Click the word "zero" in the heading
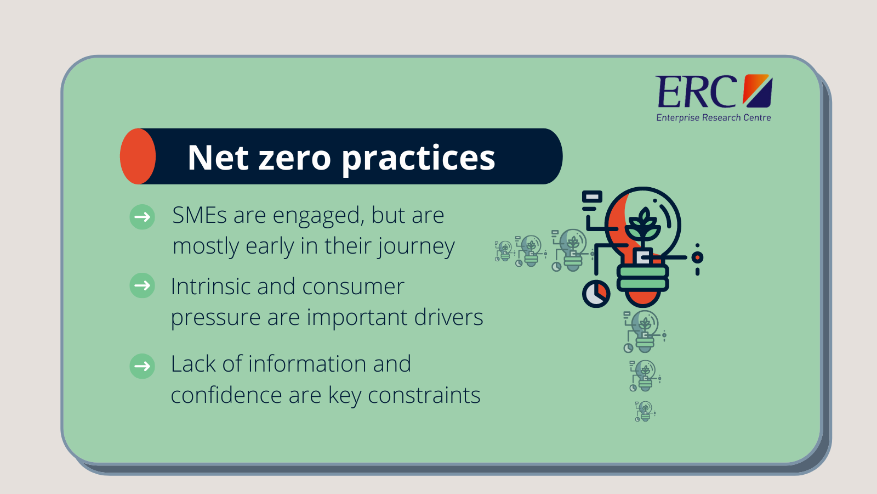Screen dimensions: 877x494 (x=295, y=158)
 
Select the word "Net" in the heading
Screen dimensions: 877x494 (x=218, y=157)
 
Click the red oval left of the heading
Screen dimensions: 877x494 (x=138, y=156)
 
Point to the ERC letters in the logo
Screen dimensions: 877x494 (x=696, y=91)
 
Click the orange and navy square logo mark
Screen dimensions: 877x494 (x=758, y=91)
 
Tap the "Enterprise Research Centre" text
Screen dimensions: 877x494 (x=713, y=117)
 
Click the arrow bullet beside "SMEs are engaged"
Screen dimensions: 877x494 (x=142, y=217)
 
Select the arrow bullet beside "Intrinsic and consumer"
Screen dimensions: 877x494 (x=142, y=285)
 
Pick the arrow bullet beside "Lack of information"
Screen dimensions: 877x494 (x=142, y=366)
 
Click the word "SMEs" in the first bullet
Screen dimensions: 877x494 (x=200, y=215)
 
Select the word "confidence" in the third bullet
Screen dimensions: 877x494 (x=226, y=395)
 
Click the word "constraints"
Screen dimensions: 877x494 (x=424, y=395)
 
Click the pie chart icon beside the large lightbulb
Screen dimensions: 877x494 (x=596, y=294)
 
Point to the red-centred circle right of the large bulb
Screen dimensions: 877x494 (x=697, y=257)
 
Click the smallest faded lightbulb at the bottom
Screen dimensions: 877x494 (x=645, y=411)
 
